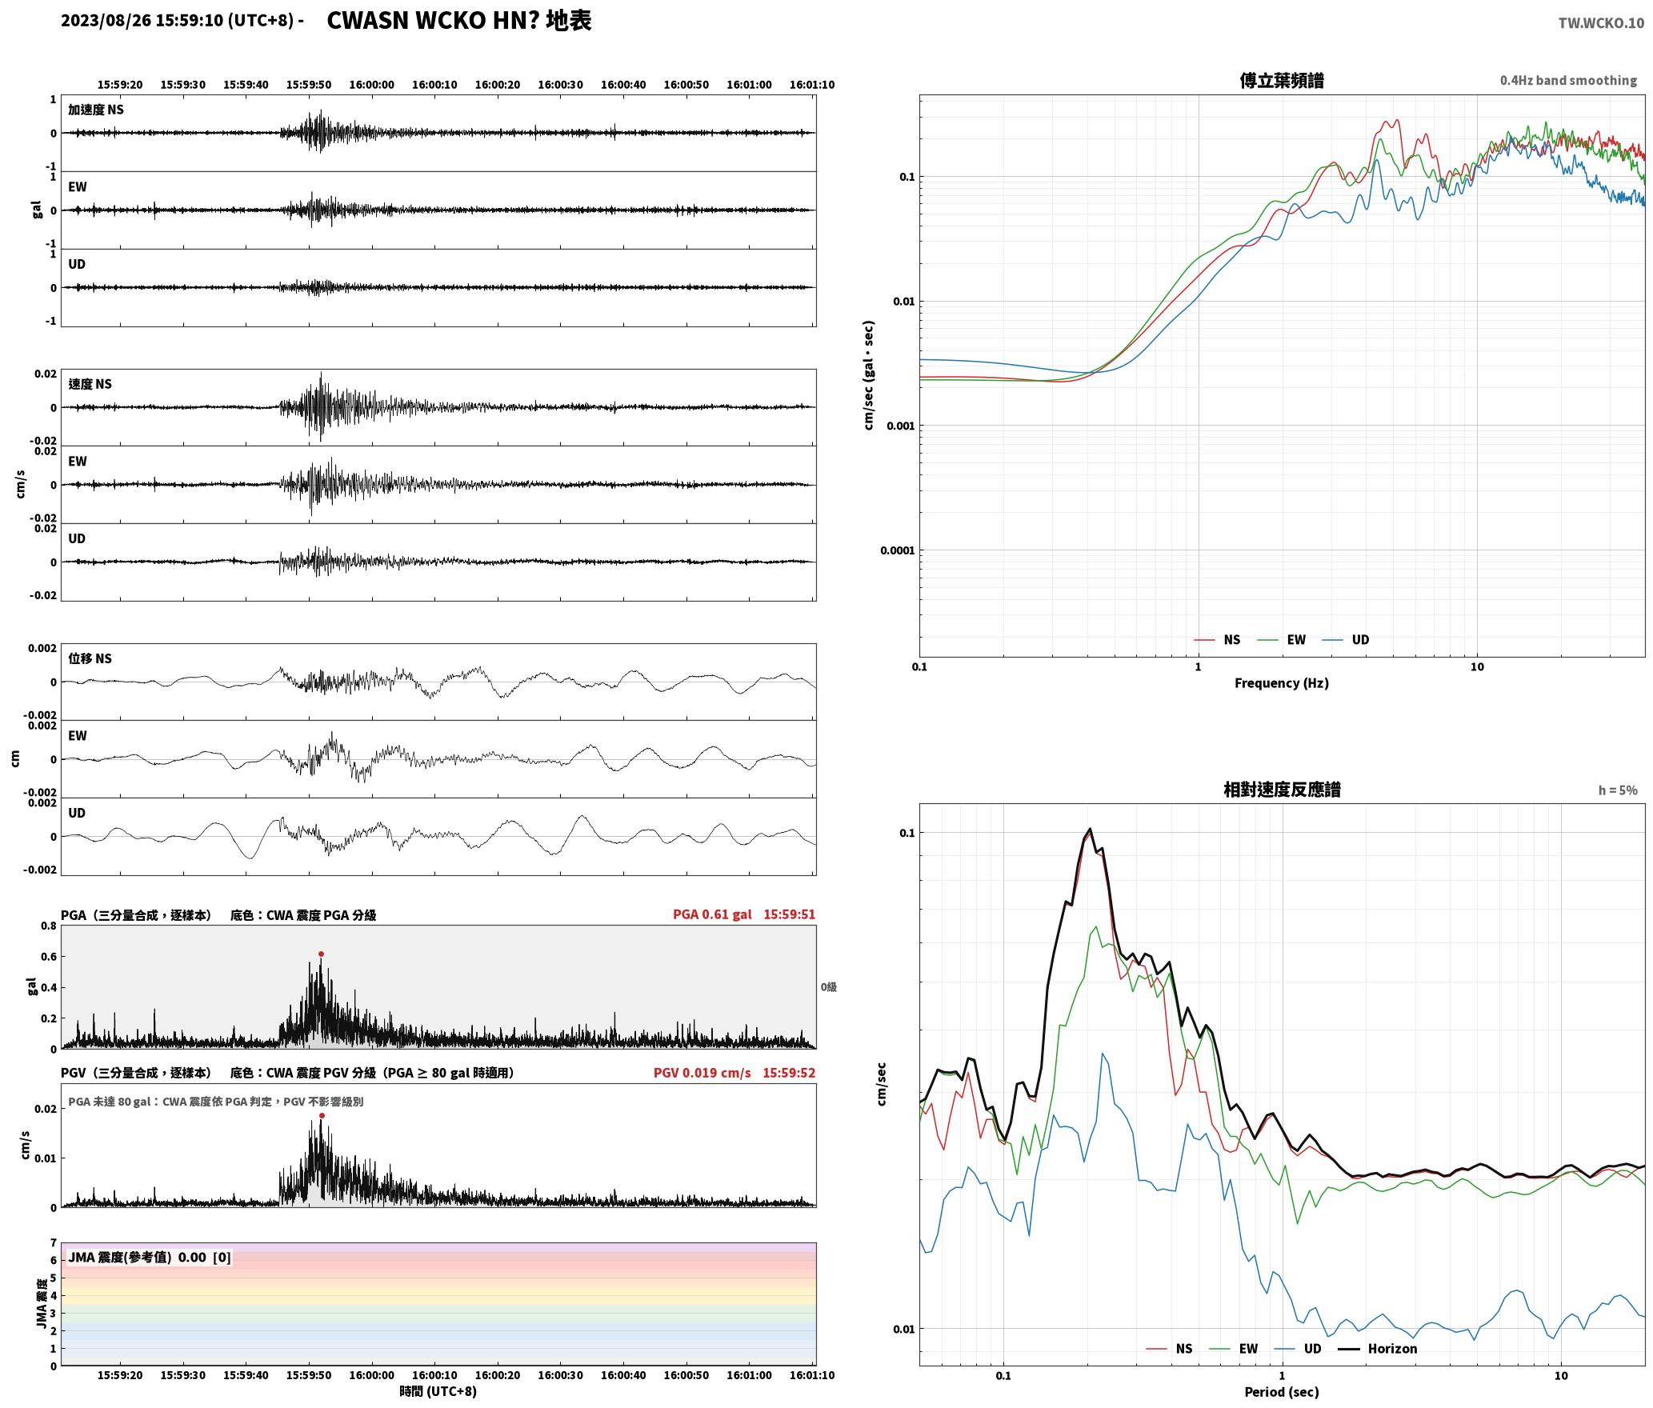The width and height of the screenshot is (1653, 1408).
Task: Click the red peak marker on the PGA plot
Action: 321,954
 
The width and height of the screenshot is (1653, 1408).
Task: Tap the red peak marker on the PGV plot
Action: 322,1115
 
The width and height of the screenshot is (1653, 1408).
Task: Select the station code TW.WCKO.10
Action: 1601,23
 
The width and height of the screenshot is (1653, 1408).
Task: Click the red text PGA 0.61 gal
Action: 712,914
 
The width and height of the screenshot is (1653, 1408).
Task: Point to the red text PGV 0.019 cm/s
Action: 702,1073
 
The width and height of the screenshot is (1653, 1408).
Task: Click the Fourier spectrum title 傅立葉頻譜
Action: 1282,80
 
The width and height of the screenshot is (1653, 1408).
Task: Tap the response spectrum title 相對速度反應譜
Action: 1282,790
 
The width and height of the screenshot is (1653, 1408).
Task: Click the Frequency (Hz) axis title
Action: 1282,683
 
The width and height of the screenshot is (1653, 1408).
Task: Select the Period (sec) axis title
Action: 1282,1392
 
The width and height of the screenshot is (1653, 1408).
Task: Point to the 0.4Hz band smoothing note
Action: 1568,81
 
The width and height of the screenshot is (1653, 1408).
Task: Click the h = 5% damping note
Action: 1618,790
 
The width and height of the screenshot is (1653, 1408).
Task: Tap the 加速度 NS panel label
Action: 96,110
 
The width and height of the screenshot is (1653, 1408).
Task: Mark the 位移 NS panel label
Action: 90,658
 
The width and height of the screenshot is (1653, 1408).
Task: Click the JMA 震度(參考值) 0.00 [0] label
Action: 150,1258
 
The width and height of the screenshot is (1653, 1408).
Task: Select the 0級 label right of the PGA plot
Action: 828,987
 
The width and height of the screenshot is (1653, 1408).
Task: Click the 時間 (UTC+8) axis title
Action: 438,1391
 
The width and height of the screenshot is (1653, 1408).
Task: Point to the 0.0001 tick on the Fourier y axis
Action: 897,550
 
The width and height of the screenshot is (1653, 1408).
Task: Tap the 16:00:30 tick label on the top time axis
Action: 560,85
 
